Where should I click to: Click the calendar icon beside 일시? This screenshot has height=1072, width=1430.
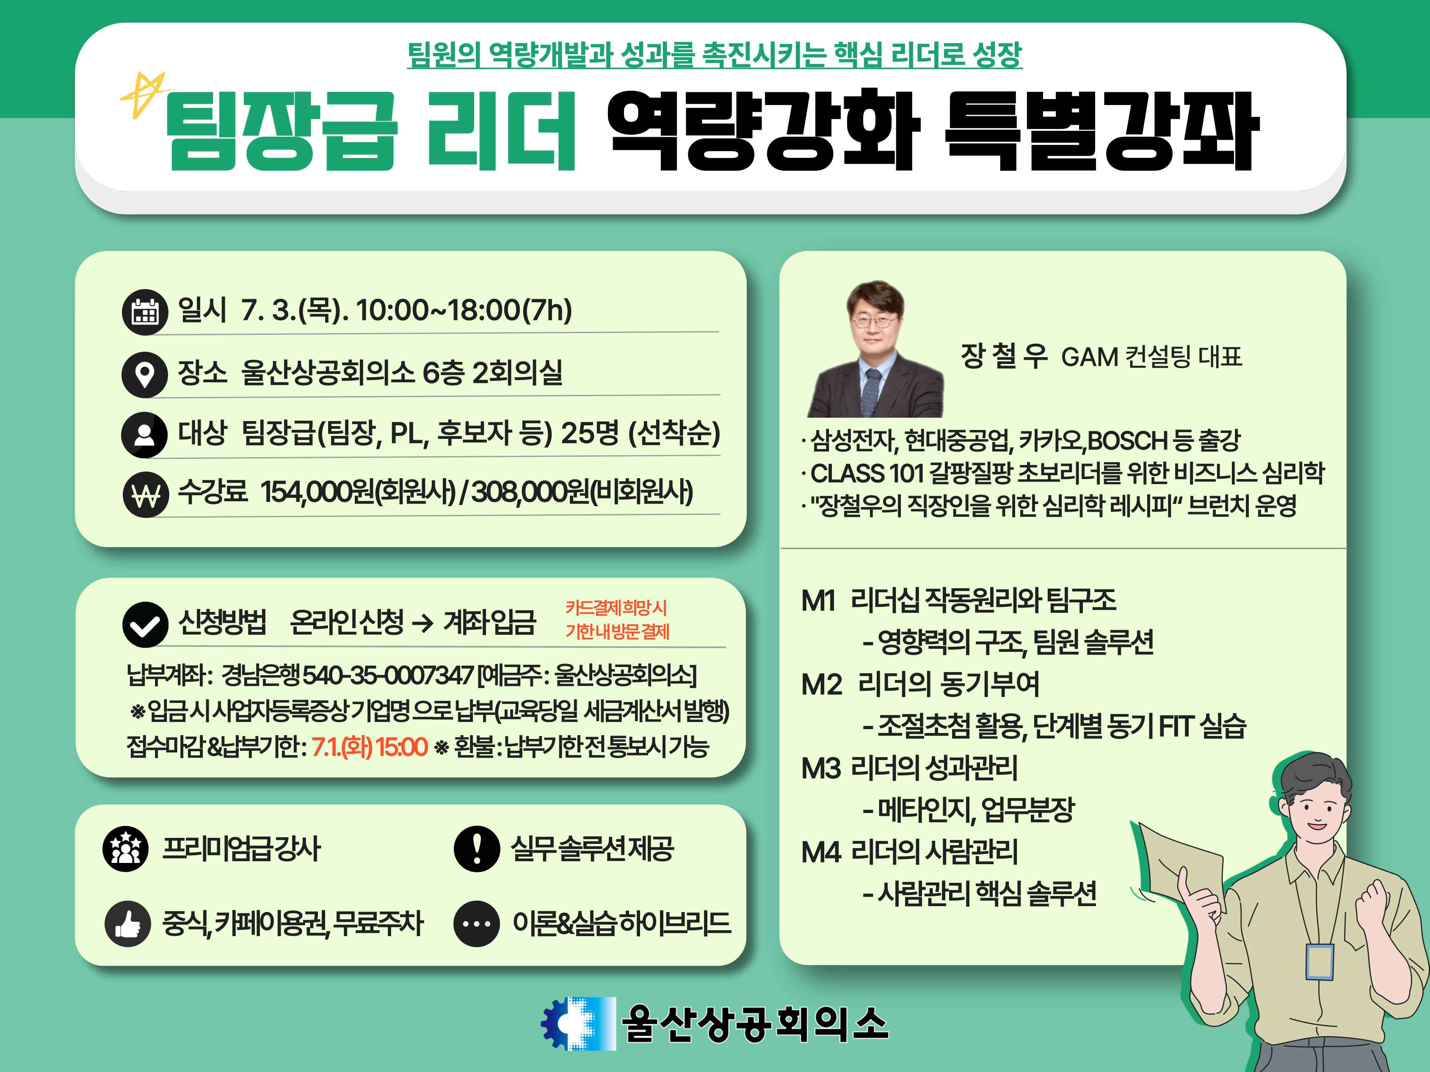145,311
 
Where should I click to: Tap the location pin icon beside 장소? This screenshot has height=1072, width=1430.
145,374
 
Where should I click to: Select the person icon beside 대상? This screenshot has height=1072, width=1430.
145,435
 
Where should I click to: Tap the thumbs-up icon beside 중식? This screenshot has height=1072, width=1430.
128,924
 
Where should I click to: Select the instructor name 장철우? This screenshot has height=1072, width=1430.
1004,356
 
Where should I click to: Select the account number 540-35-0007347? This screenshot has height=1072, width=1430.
388,675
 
